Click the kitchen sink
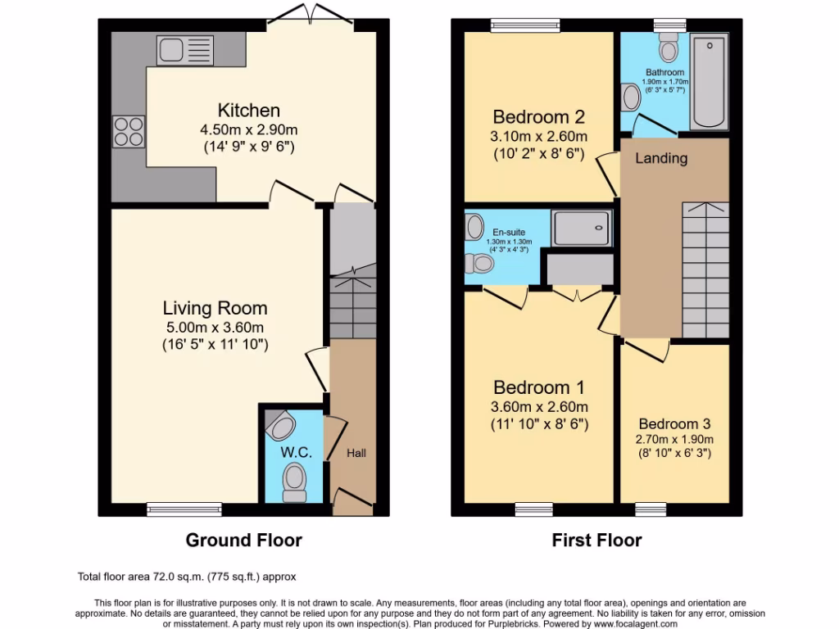pyautogui.click(x=184, y=50)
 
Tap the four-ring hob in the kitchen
pyautogui.click(x=129, y=131)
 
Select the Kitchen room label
pyautogui.click(x=249, y=111)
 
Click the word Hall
pyautogui.click(x=356, y=453)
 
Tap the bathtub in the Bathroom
pyautogui.click(x=708, y=82)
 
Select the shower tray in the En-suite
pyautogui.click(x=582, y=229)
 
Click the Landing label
pyautogui.click(x=661, y=158)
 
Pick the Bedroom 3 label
pyautogui.click(x=674, y=424)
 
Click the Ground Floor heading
pyautogui.click(x=243, y=541)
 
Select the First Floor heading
pyautogui.click(x=596, y=541)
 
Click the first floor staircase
pyautogui.click(x=704, y=270)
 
